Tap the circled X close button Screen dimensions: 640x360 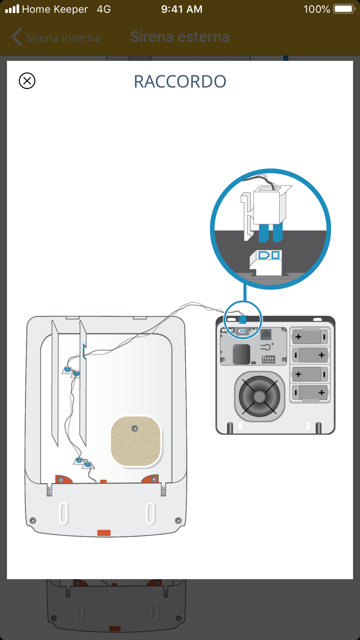coord(27,81)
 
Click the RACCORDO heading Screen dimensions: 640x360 coord(180,81)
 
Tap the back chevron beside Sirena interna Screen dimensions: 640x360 coord(17,37)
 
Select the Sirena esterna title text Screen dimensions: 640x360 coord(180,37)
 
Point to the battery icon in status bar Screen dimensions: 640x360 coord(344,9)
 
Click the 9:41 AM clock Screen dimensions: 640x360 coord(182,9)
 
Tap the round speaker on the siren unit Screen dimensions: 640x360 coord(259,396)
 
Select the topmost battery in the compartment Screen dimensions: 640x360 coord(310,337)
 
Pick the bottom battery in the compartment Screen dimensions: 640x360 coord(310,393)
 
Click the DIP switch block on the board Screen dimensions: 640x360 coord(268,359)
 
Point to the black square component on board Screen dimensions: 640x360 coord(241,354)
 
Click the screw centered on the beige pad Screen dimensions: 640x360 coord(135,428)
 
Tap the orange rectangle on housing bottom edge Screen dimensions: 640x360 coord(104,533)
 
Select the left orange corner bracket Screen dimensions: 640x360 coord(63,479)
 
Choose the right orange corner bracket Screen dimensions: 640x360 coord(151,479)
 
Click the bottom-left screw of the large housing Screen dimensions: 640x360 coord(33,521)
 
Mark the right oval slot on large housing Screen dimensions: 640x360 coord(151,513)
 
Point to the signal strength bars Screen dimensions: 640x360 coord(12,9)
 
